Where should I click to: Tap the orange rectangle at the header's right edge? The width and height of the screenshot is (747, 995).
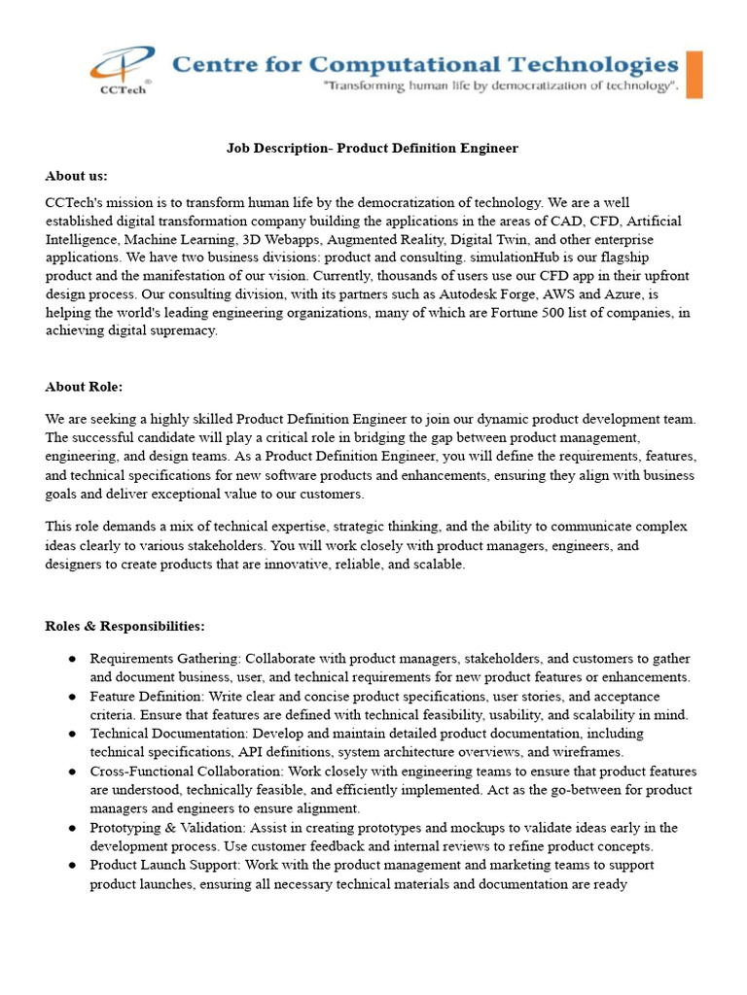tap(694, 75)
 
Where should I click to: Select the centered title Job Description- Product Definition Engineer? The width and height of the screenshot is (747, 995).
tap(373, 148)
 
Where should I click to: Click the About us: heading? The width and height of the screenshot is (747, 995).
tap(76, 176)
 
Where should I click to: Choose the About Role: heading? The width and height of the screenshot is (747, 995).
tap(84, 387)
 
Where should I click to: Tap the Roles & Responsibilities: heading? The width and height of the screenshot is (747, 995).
tap(124, 626)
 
